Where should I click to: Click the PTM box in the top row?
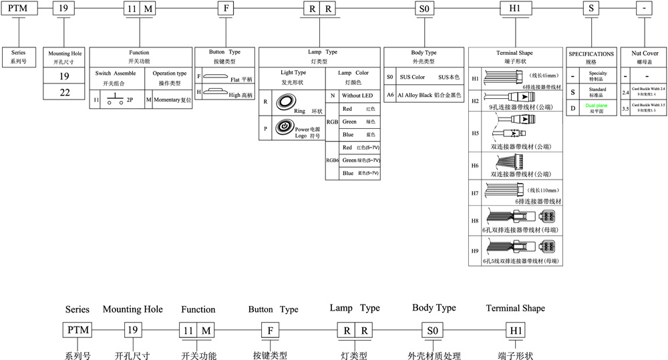click(x=17, y=9)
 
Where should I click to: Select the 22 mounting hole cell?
click(x=64, y=92)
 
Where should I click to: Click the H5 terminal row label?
click(x=476, y=133)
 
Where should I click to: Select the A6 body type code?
click(x=390, y=96)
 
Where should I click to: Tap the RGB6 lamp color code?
click(x=332, y=160)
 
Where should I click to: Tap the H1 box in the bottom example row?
click(x=516, y=331)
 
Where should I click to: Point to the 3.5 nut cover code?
click(x=625, y=108)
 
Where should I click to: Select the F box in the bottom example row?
click(x=270, y=331)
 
